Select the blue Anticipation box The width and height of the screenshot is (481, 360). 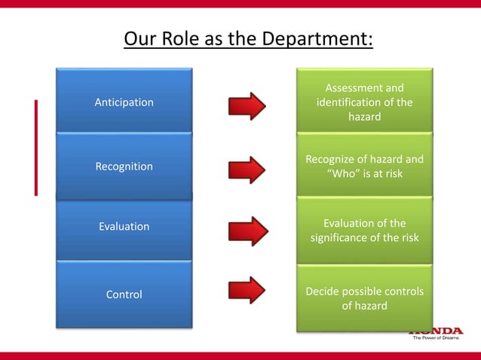click(124, 102)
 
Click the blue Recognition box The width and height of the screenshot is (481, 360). click(124, 166)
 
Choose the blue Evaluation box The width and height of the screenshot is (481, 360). click(124, 227)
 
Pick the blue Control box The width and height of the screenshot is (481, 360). click(124, 294)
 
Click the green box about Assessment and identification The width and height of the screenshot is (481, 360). click(364, 102)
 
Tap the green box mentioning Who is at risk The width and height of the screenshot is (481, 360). click(364, 166)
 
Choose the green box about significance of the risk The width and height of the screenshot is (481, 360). click(364, 230)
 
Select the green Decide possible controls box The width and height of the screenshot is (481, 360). click(364, 298)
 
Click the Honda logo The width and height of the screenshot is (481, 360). click(436, 331)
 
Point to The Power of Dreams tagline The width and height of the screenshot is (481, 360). click(436, 338)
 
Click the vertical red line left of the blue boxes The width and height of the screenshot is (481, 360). click(35, 147)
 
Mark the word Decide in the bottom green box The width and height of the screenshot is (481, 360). click(323, 291)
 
